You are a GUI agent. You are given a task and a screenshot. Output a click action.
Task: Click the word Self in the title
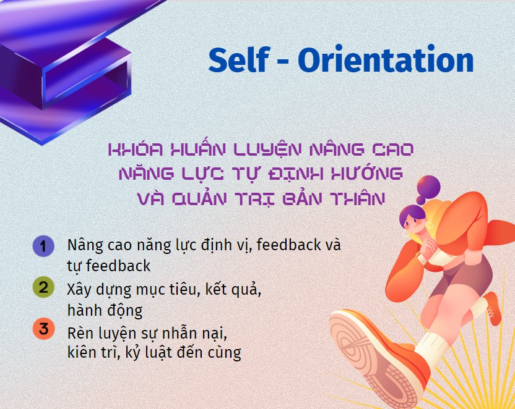(x=239, y=60)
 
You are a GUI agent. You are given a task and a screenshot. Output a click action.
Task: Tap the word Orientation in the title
(x=386, y=60)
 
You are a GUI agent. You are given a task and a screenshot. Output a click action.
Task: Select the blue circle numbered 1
(x=43, y=246)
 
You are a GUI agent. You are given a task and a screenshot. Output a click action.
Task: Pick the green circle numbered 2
(x=43, y=287)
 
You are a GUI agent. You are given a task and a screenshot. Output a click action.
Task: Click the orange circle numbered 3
(x=43, y=329)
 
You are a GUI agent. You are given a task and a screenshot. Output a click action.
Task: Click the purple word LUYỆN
(x=267, y=150)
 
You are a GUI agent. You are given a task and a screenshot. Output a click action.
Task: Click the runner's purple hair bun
(x=428, y=187)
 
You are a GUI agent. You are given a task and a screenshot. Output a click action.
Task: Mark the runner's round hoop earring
(x=430, y=225)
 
